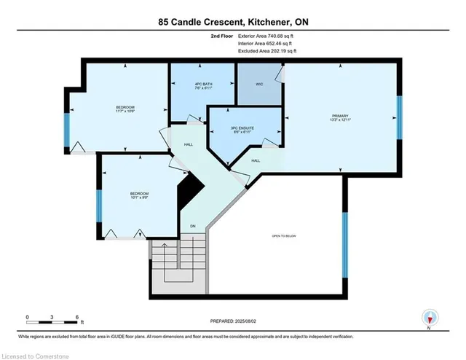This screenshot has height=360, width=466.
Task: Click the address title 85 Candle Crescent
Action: coord(232,22)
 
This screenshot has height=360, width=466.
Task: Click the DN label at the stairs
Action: coord(193,227)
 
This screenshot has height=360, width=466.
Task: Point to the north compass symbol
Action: coord(430,317)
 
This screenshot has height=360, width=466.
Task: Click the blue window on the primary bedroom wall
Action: coord(398,117)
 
